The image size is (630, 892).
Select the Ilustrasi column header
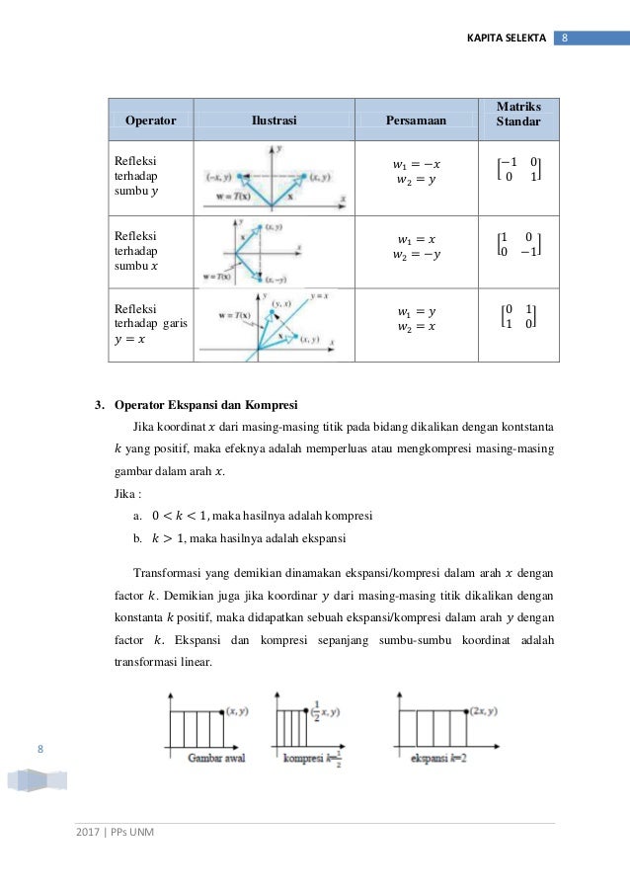pos(274,121)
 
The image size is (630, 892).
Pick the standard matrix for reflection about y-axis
pos(518,170)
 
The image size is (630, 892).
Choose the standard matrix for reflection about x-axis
pos(518,244)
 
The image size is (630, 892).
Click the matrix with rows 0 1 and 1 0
pos(518,317)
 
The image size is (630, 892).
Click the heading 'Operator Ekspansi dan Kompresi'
pos(205,405)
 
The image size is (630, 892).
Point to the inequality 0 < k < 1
pos(187,515)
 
